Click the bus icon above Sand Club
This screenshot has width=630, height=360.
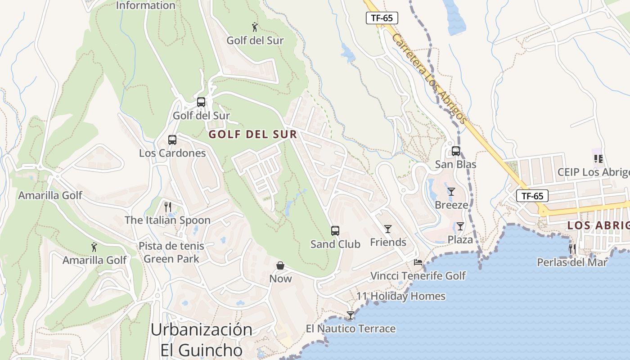click(335, 231)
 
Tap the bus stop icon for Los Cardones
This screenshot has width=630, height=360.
click(172, 140)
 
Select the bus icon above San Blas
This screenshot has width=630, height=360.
click(456, 151)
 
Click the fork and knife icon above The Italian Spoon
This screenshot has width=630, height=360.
click(168, 207)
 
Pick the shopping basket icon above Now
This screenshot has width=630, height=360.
click(280, 265)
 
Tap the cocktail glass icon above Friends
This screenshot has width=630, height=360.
click(388, 229)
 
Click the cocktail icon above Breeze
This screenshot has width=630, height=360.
click(451, 192)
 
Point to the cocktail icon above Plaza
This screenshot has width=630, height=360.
click(460, 226)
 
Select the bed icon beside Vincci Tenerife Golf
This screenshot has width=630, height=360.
click(418, 262)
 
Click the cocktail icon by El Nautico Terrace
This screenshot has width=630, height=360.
click(351, 315)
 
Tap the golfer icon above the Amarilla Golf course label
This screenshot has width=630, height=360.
click(94, 247)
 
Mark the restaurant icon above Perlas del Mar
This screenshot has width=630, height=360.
click(572, 249)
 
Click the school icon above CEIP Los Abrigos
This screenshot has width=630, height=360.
click(598, 159)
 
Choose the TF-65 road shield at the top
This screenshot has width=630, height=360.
click(382, 18)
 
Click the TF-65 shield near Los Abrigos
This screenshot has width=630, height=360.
click(532, 196)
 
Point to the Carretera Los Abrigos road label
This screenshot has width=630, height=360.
click(428, 77)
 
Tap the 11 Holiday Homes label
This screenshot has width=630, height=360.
click(401, 296)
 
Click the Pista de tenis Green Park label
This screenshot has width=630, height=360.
click(171, 252)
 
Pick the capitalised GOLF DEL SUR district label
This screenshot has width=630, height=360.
click(253, 134)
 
